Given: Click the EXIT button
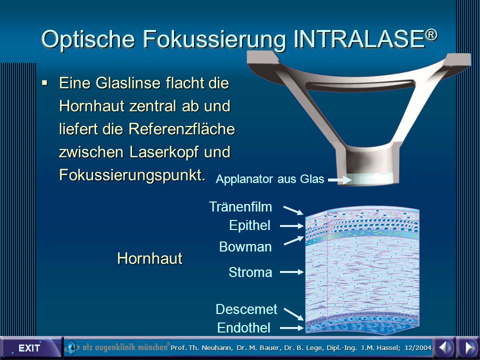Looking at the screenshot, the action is click(x=29, y=348).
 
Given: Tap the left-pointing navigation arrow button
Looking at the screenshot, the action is click(x=444, y=348).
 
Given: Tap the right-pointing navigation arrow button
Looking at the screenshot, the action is click(x=468, y=348).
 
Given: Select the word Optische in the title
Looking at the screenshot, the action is click(x=88, y=40).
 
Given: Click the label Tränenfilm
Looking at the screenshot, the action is click(x=240, y=206).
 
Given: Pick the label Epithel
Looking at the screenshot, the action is click(x=250, y=225).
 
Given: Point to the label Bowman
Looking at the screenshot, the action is click(x=245, y=246).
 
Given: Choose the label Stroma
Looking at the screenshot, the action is click(x=250, y=272).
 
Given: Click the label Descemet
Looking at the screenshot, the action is click(x=246, y=309).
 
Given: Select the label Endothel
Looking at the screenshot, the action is click(x=243, y=328).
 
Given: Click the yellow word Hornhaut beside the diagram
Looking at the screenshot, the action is click(x=149, y=258).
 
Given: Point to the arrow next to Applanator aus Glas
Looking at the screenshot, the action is click(x=340, y=180).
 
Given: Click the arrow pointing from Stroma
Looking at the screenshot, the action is click(x=291, y=272).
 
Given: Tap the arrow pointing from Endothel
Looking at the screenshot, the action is click(x=291, y=328).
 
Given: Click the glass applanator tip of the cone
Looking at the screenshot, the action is click(x=370, y=179).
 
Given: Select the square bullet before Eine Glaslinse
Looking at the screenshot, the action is click(x=45, y=82).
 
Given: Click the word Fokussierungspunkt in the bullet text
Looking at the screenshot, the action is click(x=132, y=175).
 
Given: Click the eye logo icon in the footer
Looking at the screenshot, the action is click(x=72, y=348).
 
